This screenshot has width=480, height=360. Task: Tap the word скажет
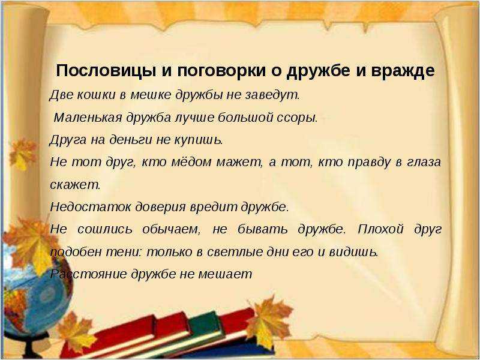point(76,185)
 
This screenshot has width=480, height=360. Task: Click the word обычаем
point(171,229)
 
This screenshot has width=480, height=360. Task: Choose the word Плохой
point(380,229)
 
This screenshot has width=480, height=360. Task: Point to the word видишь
point(353,252)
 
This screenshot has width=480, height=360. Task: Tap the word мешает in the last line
point(225,274)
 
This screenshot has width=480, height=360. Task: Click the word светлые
point(235,252)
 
